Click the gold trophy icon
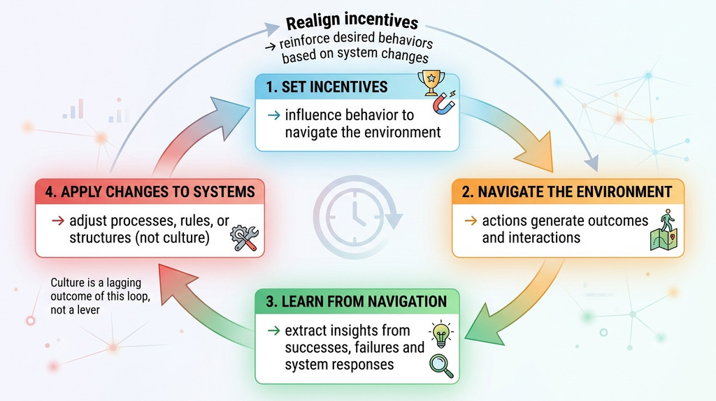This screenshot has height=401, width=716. point(431,82)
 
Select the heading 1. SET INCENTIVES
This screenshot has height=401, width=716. point(327,87)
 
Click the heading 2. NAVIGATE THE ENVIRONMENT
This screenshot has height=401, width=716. point(566,191)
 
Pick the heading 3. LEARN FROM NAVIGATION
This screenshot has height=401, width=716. point(356,302)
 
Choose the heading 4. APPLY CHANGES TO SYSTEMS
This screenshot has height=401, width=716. point(150,191)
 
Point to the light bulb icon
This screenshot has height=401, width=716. point(441,334)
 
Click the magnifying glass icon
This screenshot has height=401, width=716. point(441,366)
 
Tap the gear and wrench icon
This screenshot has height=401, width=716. point(244,238)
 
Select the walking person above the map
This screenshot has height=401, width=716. point(667,220)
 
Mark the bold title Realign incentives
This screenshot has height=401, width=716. point(352,21)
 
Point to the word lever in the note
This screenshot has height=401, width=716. point(89,310)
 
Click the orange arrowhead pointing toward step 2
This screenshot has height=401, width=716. point(535,150)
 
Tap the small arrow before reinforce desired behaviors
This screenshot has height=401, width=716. point(271,45)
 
